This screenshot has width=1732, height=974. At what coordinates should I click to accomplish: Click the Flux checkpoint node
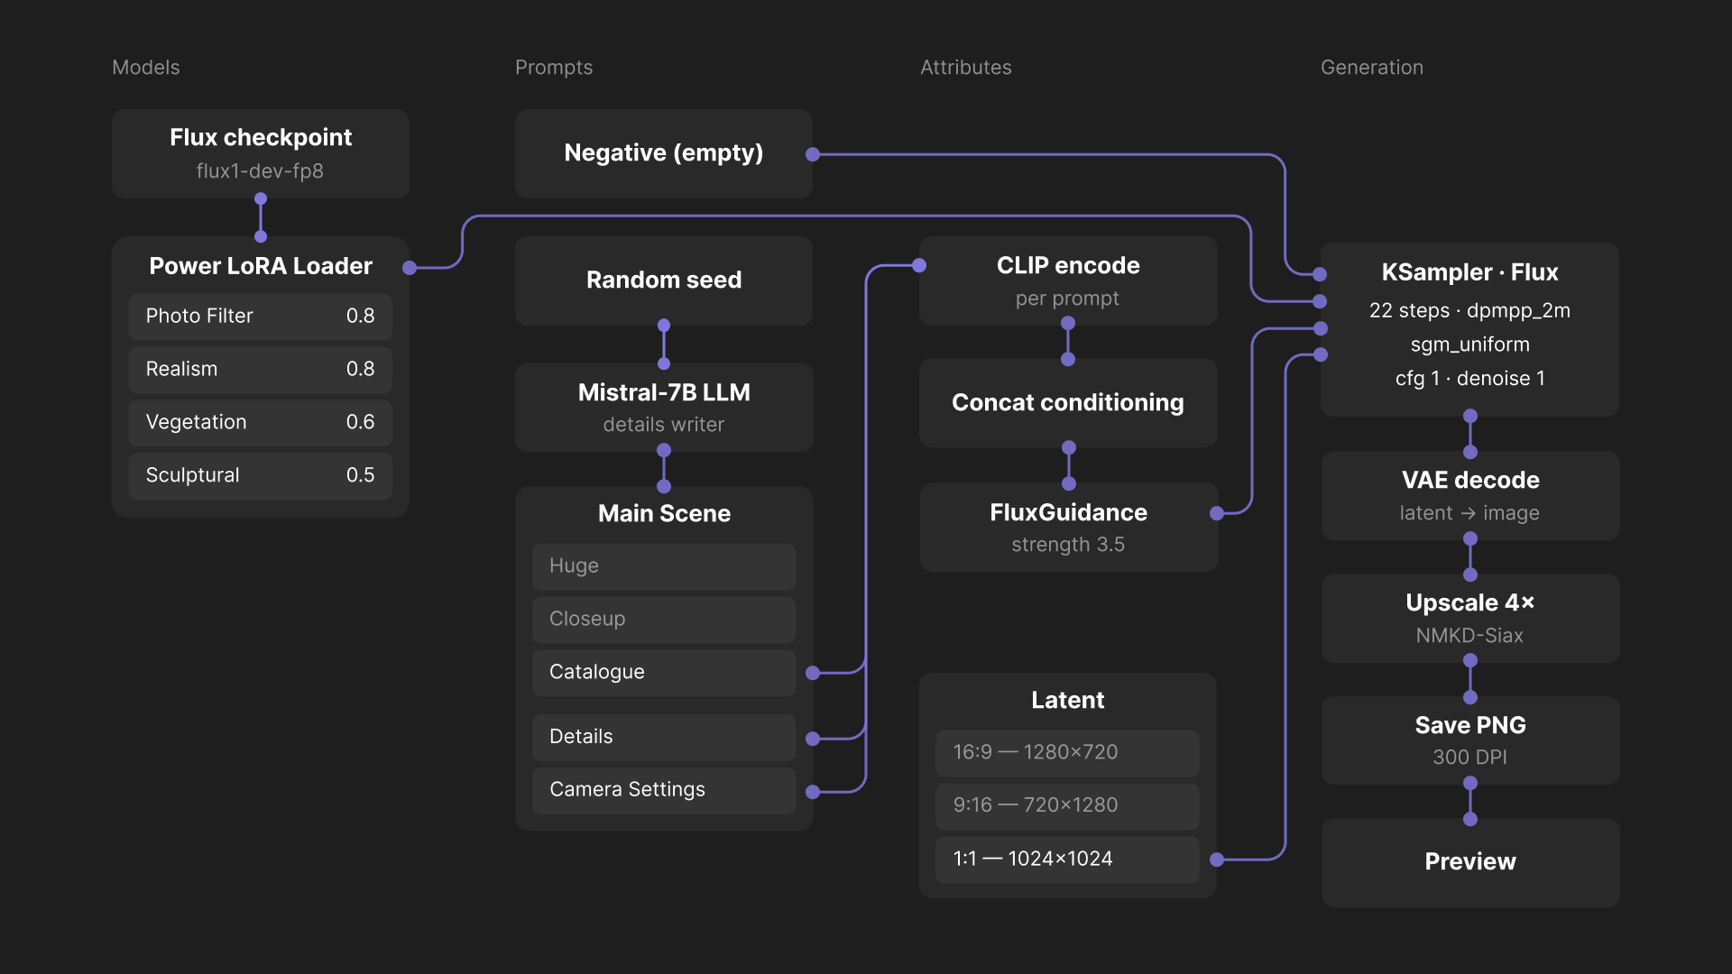[260, 153]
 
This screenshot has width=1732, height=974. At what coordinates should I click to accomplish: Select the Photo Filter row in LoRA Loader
[260, 317]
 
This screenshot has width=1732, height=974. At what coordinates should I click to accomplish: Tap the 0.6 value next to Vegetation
[360, 422]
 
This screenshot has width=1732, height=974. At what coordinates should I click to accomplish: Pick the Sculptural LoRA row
[260, 475]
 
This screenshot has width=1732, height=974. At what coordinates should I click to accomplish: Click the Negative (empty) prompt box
[663, 153]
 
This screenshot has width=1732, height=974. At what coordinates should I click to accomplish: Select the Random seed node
[663, 280]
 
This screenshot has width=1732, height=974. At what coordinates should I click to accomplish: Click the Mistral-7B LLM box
[663, 407]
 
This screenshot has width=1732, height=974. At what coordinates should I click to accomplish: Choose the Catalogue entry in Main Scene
[663, 673]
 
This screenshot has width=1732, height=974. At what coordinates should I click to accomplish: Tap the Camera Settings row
[663, 790]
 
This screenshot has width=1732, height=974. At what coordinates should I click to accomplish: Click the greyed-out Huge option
[663, 566]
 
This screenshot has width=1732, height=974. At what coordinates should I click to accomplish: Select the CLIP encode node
[1068, 280]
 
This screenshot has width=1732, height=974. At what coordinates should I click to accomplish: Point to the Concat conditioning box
[1068, 403]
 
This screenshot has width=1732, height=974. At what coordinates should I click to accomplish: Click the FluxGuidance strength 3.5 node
[1068, 527]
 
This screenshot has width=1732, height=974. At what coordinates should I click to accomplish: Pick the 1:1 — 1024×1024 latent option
[1067, 859]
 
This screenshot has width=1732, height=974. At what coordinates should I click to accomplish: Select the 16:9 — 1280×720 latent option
[1067, 753]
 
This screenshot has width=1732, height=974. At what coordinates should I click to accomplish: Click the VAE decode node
[1469, 495]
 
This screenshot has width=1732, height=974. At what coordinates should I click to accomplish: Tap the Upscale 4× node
[1469, 618]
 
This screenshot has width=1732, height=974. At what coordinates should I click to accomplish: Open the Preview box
[1469, 862]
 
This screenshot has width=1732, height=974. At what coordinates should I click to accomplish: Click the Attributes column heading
[965, 68]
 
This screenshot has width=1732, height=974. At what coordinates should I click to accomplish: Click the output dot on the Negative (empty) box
[813, 154]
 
